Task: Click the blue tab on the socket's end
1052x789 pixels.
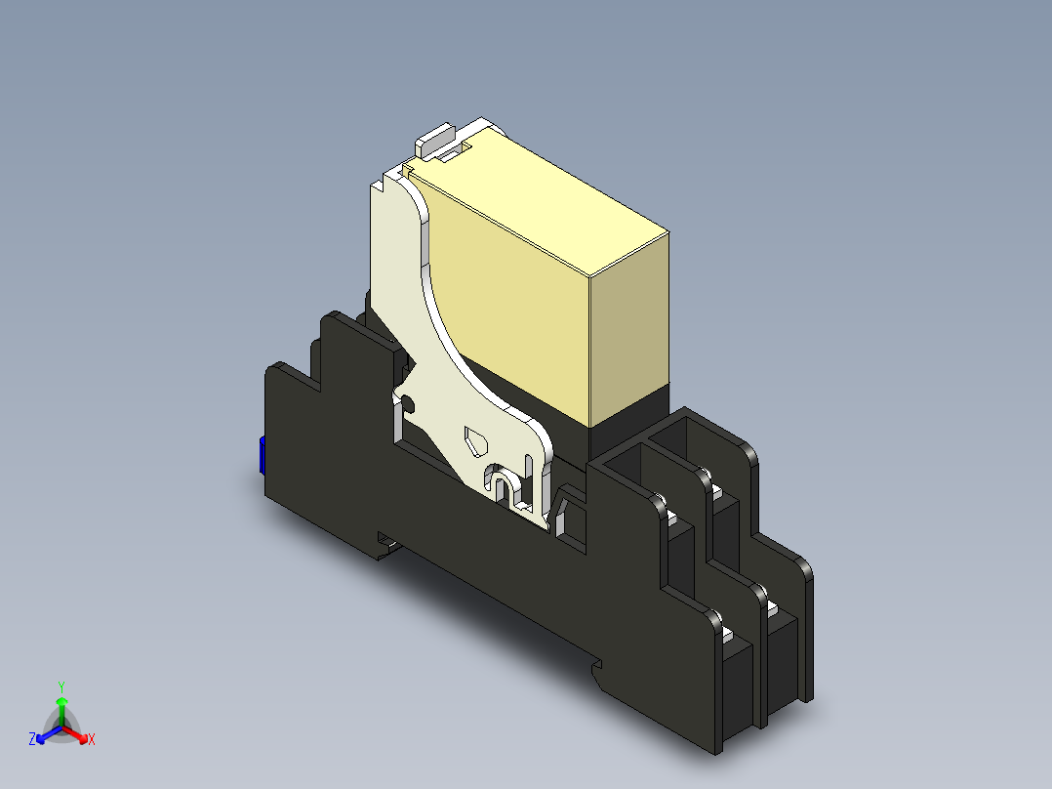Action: pos(263,456)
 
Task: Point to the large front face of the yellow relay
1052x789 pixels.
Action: pos(517,312)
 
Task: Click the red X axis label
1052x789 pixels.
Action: pos(92,740)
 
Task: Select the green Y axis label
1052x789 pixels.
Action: pos(61,686)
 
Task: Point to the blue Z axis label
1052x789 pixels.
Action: pos(32,740)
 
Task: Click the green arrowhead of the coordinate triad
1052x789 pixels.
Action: pos(61,701)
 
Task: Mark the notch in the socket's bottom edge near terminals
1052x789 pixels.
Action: pos(596,667)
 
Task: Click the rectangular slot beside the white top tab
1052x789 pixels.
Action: pos(454,152)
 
